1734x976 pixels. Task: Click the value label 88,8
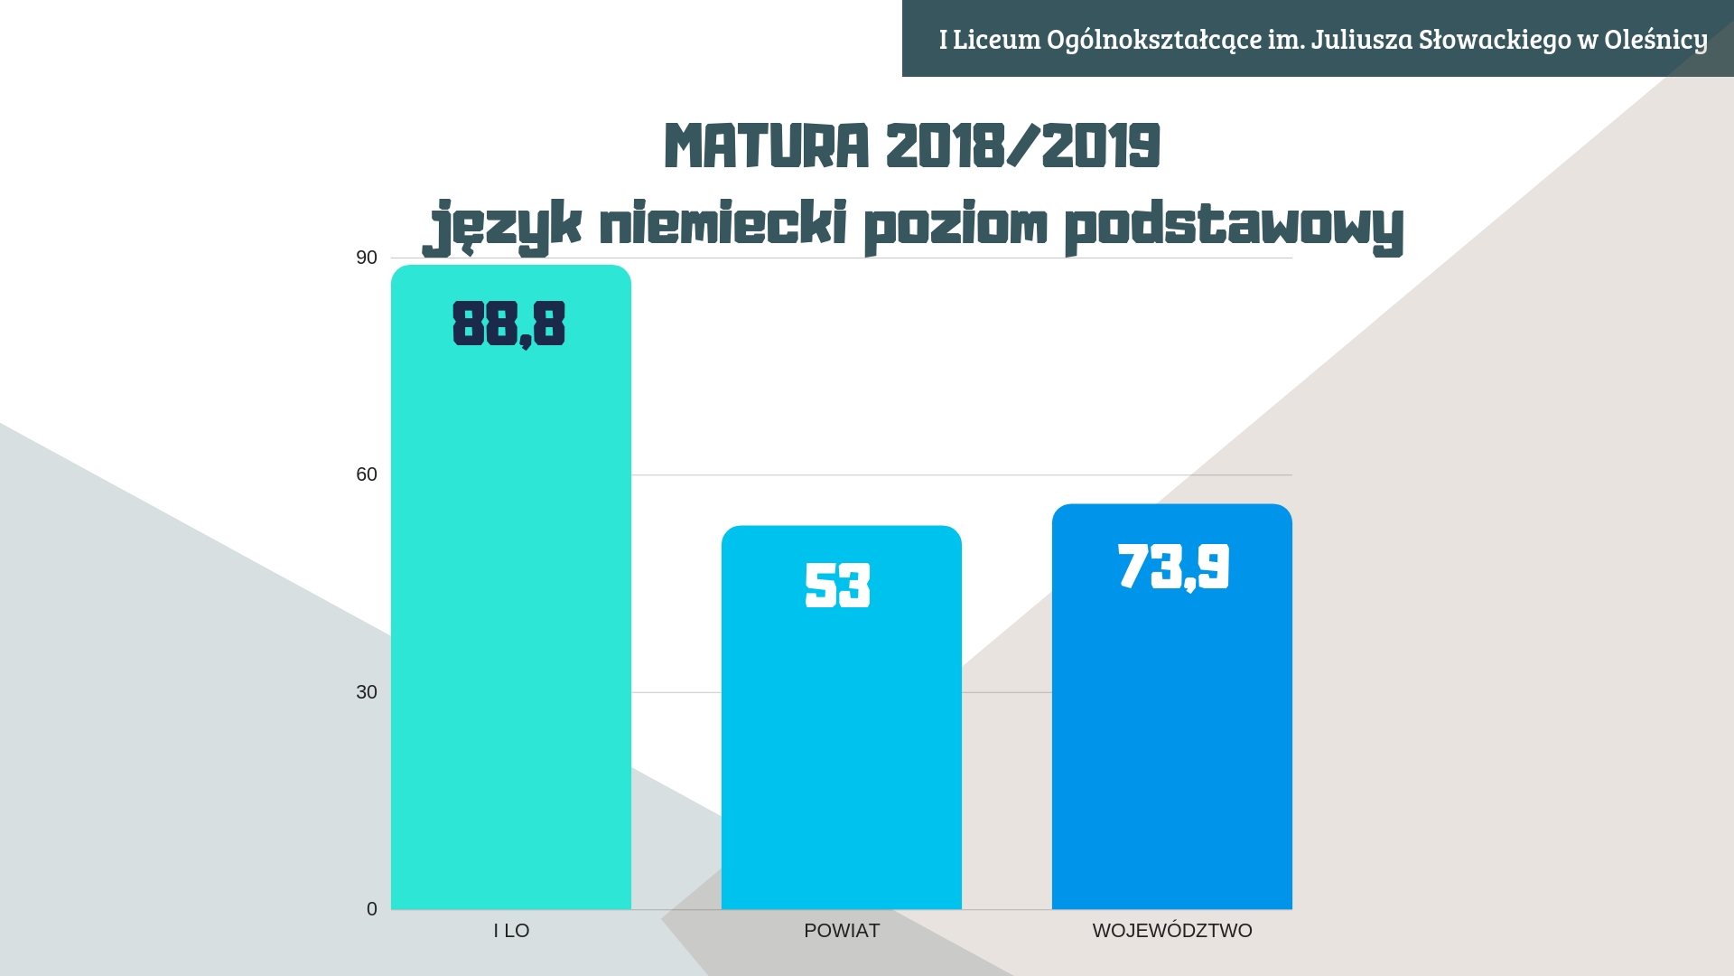[x=508, y=324]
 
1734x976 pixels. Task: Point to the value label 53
[x=837, y=585]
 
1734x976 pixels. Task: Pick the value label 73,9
[x=1173, y=567]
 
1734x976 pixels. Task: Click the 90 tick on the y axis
[x=366, y=258]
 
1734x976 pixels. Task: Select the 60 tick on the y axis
[x=366, y=474]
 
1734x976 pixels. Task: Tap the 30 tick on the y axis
[x=366, y=692]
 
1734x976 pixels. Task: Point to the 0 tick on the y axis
[x=371, y=909]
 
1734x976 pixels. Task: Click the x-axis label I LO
[x=511, y=931]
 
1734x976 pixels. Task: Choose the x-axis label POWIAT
[x=842, y=931]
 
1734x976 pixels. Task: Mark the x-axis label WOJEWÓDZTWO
[x=1172, y=931]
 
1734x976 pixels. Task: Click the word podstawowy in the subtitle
[x=1234, y=226]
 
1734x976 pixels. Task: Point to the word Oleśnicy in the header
[x=1655, y=40]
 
